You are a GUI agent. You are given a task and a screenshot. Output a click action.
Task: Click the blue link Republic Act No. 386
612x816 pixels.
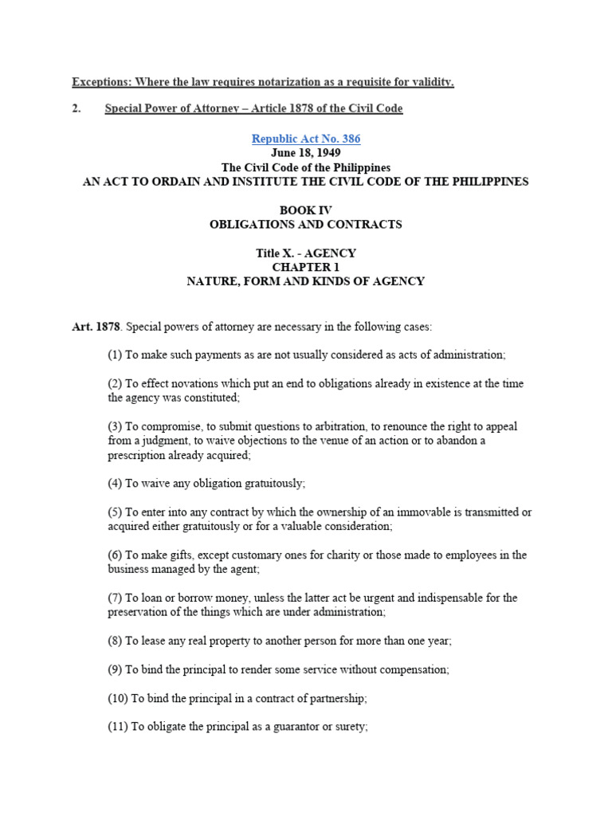coord(306,139)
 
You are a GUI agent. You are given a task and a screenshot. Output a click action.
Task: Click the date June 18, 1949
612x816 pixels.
coord(306,153)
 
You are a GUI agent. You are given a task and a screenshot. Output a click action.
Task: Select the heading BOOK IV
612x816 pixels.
coord(306,210)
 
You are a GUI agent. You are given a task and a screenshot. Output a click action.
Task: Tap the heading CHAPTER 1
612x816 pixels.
coord(306,267)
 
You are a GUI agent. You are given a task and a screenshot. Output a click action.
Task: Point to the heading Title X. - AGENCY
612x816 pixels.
coord(306,253)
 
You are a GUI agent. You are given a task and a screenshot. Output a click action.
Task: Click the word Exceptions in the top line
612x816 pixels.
coord(100,82)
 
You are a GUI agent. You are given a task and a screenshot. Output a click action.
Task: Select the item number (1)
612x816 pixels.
coord(116,355)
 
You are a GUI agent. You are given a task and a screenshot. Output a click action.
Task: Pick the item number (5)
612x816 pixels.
coord(116,512)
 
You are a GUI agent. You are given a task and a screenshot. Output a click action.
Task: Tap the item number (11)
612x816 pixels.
coord(119,727)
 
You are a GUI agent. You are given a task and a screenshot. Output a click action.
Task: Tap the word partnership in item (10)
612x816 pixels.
coord(335,698)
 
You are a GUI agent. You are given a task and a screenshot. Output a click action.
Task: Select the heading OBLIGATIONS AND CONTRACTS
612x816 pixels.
coord(306,225)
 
